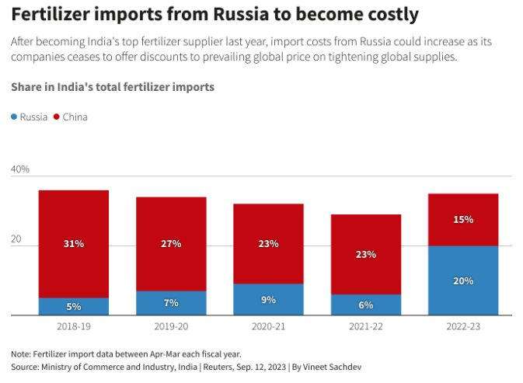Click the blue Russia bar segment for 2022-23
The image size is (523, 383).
tap(463, 280)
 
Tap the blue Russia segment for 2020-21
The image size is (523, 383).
tap(269, 299)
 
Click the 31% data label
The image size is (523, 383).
tap(74, 243)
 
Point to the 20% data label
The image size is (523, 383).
tap(463, 280)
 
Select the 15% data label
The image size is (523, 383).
tap(463, 220)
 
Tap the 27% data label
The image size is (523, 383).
tap(171, 243)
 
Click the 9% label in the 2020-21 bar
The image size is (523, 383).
tap(269, 299)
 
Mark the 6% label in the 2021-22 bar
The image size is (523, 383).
tap(366, 305)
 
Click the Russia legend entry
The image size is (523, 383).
tap(29, 117)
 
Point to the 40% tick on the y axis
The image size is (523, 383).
tap(20, 169)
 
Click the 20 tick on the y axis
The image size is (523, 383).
tap(16, 239)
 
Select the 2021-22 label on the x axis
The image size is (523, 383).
tap(366, 327)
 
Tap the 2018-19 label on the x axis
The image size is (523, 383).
tap(74, 327)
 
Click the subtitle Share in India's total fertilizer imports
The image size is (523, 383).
tap(113, 87)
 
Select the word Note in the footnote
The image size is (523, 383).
tap(21, 352)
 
